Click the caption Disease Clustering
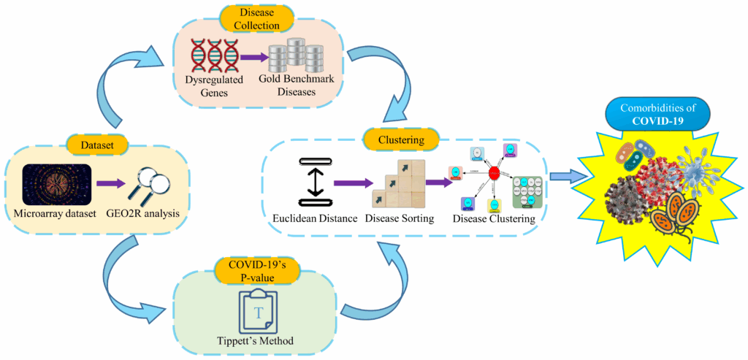(493, 218)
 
